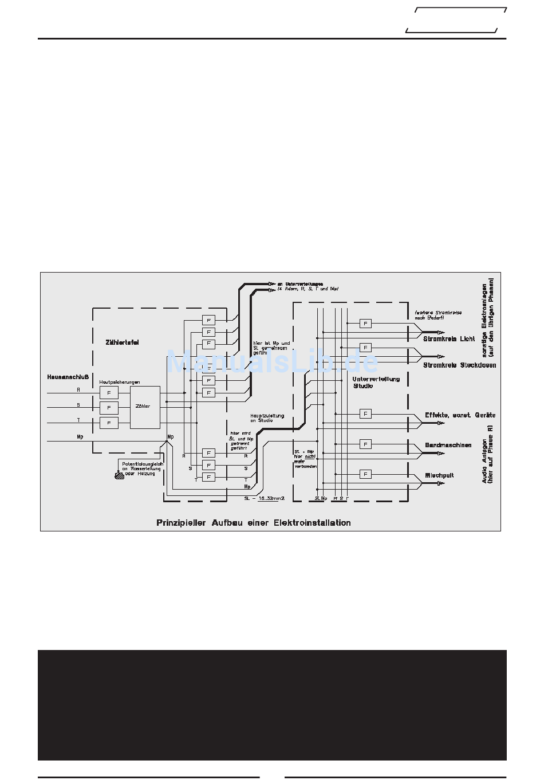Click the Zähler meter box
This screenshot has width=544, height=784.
[144, 407]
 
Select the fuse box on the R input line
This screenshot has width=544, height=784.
[109, 392]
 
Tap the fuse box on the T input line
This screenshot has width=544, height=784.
[109, 423]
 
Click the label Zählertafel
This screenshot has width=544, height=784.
[122, 342]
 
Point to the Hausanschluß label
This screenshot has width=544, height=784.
[68, 377]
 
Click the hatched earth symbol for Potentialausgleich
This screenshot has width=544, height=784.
[120, 475]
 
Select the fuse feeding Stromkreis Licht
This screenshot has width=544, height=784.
[365, 324]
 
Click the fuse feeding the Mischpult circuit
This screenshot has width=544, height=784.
[365, 474]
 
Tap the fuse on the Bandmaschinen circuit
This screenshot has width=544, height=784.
[365, 444]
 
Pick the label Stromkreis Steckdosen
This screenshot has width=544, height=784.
[459, 365]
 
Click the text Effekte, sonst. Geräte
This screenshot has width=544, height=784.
[460, 415]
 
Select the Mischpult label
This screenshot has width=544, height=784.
[439, 475]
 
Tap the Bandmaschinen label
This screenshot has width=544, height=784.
[448, 445]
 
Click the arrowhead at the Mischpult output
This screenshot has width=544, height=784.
[440, 483]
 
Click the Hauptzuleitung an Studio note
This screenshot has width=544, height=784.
[267, 418]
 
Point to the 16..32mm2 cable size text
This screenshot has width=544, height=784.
[271, 498]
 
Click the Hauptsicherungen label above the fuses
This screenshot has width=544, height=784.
[120, 382]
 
